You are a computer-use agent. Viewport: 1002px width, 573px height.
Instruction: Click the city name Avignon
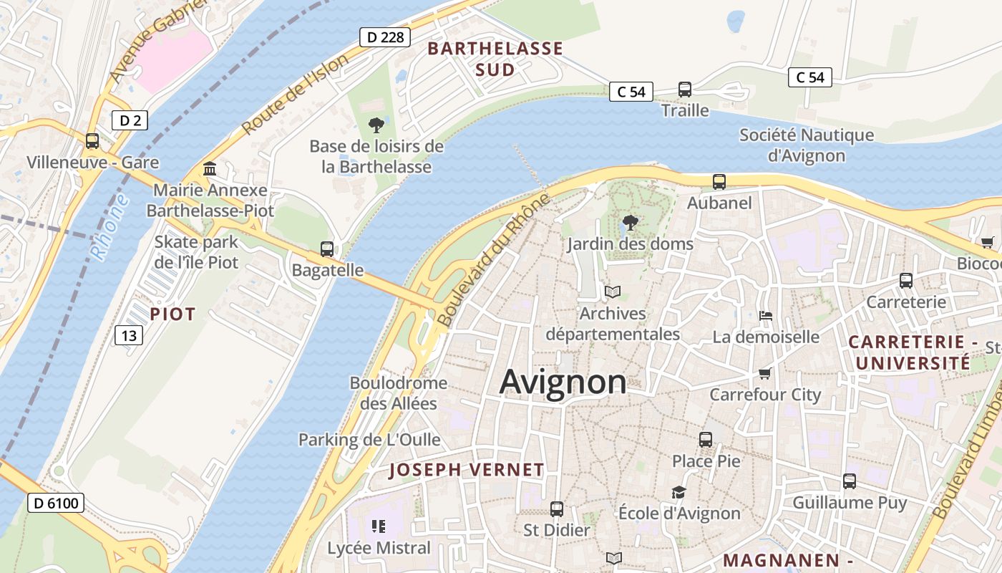pyautogui.click(x=563, y=382)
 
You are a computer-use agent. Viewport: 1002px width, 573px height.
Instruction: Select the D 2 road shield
pyautogui.click(x=130, y=120)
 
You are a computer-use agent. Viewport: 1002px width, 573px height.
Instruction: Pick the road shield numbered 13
pyautogui.click(x=129, y=335)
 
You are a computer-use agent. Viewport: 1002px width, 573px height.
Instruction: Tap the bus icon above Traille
pyautogui.click(x=685, y=90)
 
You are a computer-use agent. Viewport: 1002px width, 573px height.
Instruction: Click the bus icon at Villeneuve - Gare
pyautogui.click(x=92, y=141)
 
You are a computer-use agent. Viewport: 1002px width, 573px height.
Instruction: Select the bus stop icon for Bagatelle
pyautogui.click(x=327, y=249)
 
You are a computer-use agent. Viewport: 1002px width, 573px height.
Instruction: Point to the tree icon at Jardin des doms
pyautogui.click(x=630, y=223)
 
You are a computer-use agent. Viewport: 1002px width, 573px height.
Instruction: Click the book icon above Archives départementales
pyautogui.click(x=613, y=292)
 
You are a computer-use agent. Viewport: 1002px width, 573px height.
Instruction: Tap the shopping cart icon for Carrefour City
pyautogui.click(x=764, y=374)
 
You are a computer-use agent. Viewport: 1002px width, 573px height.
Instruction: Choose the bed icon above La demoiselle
pyautogui.click(x=766, y=316)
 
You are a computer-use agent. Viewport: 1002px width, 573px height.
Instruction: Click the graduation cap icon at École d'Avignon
pyautogui.click(x=678, y=492)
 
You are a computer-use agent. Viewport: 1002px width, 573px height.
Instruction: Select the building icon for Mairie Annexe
pyautogui.click(x=210, y=169)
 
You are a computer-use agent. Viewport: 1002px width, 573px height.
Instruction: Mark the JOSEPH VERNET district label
pyautogui.click(x=467, y=471)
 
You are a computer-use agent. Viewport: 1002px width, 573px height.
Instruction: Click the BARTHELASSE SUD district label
pyautogui.click(x=495, y=59)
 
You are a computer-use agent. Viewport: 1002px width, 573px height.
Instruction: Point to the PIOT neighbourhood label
pyautogui.click(x=172, y=314)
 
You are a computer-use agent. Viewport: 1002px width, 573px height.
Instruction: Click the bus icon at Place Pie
pyautogui.click(x=706, y=439)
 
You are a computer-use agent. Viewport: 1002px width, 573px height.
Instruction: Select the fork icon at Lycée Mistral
pyautogui.click(x=379, y=527)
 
